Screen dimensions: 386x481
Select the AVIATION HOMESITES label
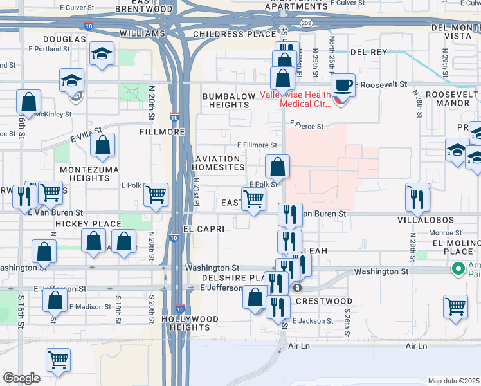(218, 163)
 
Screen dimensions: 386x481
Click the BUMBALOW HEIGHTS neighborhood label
(229, 100)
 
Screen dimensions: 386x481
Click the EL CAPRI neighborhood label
(203, 228)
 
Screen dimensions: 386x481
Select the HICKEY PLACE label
(80, 223)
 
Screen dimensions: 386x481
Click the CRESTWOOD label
(328, 301)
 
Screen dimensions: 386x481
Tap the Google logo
(21, 378)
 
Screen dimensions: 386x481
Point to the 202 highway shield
(307, 23)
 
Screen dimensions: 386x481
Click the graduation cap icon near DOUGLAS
(102, 54)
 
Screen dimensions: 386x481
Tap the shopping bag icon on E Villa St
(102, 145)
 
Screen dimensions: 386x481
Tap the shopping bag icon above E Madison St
(55, 301)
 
